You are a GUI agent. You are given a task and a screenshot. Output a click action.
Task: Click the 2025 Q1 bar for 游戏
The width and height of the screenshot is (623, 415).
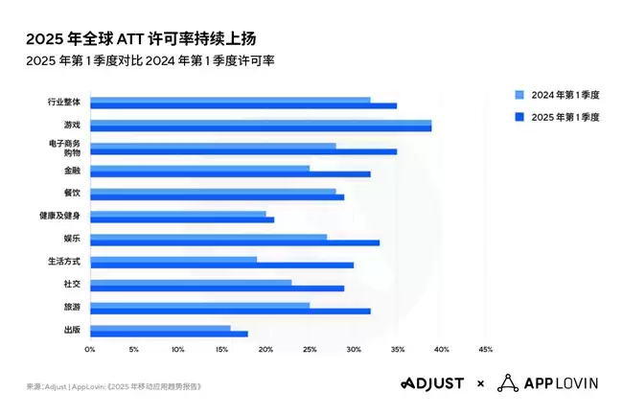tap(261, 127)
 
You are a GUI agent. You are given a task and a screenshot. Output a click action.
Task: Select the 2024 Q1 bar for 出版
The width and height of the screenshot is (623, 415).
tap(160, 328)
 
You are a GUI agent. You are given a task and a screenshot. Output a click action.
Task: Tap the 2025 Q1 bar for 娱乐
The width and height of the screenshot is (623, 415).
tap(235, 242)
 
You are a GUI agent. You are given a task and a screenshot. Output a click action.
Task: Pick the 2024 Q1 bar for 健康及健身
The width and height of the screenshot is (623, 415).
tap(178, 214)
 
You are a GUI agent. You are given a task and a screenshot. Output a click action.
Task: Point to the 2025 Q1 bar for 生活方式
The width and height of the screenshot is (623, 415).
tap(221, 265)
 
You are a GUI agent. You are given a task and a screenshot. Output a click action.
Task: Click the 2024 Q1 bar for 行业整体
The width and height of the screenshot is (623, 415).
tap(230, 99)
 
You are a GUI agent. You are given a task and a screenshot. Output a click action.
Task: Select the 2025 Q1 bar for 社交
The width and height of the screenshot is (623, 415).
tap(217, 288)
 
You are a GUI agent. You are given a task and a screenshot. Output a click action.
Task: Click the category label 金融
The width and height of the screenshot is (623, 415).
tap(73, 171)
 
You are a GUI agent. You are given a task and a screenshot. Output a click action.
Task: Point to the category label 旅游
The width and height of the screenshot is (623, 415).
tap(73, 307)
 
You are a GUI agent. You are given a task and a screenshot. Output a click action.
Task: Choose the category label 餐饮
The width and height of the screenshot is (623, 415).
tap(73, 194)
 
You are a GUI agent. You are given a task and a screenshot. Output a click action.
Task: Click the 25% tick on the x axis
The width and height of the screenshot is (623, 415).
tap(310, 349)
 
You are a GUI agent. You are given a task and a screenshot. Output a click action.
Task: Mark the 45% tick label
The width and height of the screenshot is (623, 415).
tap(485, 349)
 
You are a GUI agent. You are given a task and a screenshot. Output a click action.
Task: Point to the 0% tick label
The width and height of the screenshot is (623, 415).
tap(90, 349)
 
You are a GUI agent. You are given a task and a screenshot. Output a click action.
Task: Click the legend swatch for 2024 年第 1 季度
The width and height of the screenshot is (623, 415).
tap(519, 95)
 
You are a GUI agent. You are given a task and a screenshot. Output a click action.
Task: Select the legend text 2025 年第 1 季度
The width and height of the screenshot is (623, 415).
tap(565, 116)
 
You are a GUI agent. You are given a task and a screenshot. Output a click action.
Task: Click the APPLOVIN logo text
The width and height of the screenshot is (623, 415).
tap(561, 383)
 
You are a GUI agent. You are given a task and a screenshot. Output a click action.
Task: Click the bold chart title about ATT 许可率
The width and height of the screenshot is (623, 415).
tap(141, 38)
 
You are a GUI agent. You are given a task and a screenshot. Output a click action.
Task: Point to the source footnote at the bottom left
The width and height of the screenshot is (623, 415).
tap(114, 386)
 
